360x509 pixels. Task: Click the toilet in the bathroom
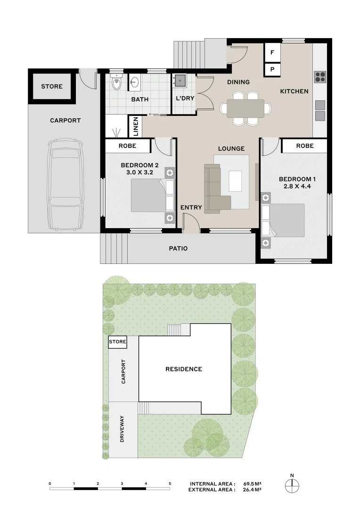pyautogui.click(x=116, y=83)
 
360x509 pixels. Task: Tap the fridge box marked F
pyautogui.click(x=272, y=52)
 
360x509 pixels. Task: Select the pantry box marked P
pyautogui.click(x=272, y=69)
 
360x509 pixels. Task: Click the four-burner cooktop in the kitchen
pyautogui.click(x=320, y=76)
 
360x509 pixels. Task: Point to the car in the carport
pyautogui.click(x=65, y=182)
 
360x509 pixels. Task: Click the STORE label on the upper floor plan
pyautogui.click(x=51, y=86)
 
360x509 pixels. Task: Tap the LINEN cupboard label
pyautogui.click(x=135, y=127)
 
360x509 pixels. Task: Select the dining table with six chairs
pyautogui.click(x=246, y=108)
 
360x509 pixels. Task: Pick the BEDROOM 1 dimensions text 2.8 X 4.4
pyautogui.click(x=295, y=187)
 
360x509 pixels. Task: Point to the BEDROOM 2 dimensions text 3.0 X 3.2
pyautogui.click(x=139, y=172)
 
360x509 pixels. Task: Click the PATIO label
pyautogui.click(x=178, y=248)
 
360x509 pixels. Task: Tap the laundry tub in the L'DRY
pyautogui.click(x=179, y=81)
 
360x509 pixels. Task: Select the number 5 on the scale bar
pyautogui.click(x=170, y=484)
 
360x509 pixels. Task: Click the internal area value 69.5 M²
pyautogui.click(x=253, y=484)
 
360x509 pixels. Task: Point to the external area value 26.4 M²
pyautogui.click(x=253, y=490)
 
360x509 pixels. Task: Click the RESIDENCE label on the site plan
pyautogui.click(x=183, y=369)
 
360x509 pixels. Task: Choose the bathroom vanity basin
pyautogui.click(x=134, y=83)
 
